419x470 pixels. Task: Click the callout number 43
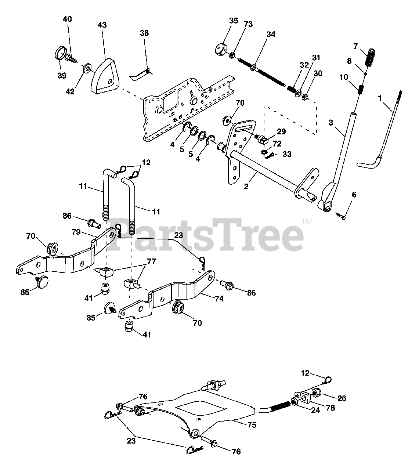[x=102, y=25]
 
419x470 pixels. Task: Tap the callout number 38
[x=144, y=33]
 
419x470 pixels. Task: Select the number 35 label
[x=234, y=21]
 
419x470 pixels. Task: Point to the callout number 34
[x=270, y=35]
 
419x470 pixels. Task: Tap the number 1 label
[x=380, y=98]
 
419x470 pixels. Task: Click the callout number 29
[x=281, y=131]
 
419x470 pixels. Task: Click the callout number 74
[x=219, y=299]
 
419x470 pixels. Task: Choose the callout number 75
[x=252, y=425]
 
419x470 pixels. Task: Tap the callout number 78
[x=330, y=408]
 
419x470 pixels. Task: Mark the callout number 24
[x=315, y=411]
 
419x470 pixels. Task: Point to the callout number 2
[x=246, y=186]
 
